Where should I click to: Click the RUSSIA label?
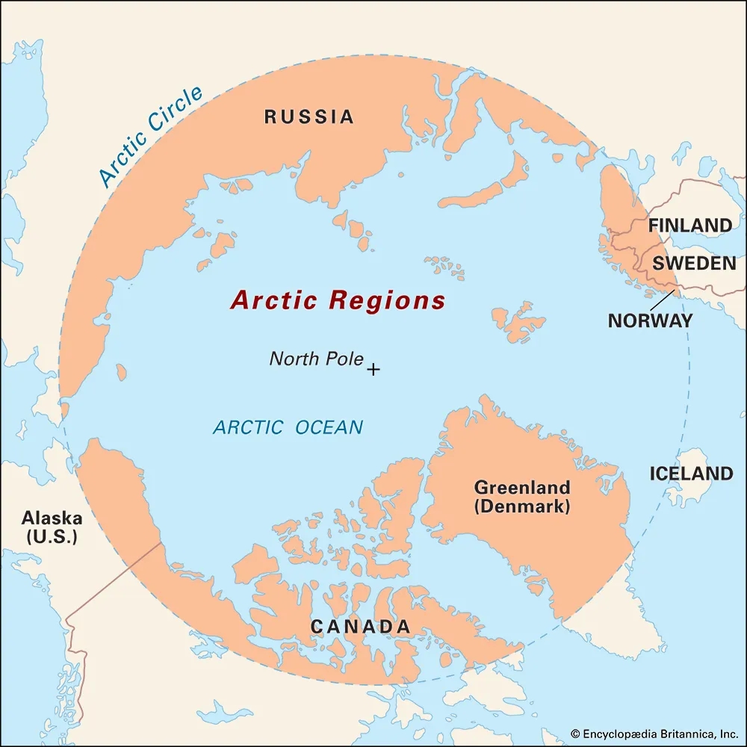(309, 117)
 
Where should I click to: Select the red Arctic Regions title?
(338, 300)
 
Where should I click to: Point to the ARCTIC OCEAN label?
(288, 427)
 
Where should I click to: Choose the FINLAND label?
(689, 225)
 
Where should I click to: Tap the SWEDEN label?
(694, 263)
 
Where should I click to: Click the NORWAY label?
(650, 320)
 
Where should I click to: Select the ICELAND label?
(691, 474)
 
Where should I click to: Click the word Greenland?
(522, 488)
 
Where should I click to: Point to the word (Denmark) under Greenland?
(522, 506)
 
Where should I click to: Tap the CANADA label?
(361, 627)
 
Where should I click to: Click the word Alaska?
(52, 518)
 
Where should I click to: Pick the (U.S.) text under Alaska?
(52, 536)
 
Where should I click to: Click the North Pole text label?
(316, 359)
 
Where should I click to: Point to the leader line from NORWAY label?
(661, 300)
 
